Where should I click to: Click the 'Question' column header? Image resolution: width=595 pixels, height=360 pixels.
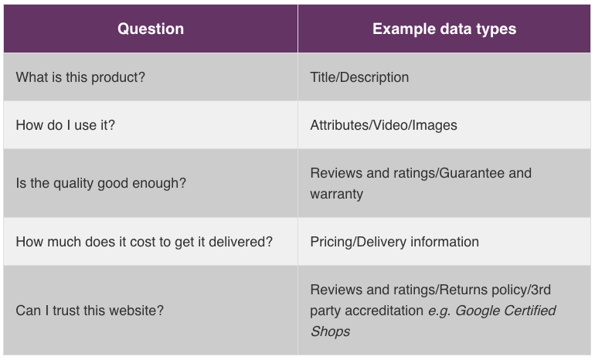click(151, 29)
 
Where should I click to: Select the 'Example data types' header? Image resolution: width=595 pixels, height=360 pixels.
click(444, 29)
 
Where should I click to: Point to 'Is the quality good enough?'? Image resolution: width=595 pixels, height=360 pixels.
click(101, 183)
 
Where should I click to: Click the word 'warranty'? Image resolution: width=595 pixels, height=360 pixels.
click(337, 194)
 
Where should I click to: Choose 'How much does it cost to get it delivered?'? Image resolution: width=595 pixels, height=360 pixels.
click(144, 242)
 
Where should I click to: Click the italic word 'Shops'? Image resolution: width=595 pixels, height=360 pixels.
click(330, 331)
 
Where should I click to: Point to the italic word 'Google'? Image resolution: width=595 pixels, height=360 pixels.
click(477, 311)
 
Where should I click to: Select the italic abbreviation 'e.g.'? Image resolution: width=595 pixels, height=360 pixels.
click(440, 311)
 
